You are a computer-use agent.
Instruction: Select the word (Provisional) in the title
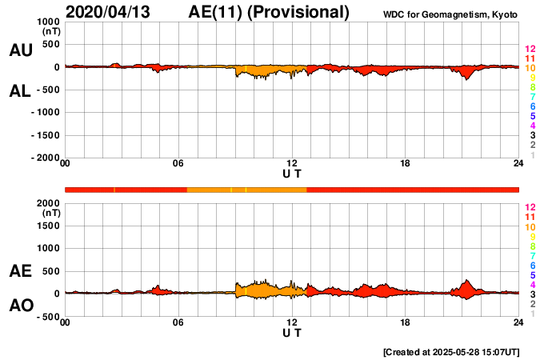click(x=298, y=12)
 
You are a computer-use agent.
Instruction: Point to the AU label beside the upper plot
click(x=20, y=50)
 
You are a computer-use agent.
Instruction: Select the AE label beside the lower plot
click(x=20, y=271)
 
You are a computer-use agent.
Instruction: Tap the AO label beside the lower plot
click(x=20, y=306)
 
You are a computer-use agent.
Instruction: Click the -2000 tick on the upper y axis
click(x=46, y=158)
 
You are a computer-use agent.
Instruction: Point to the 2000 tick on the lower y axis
click(x=50, y=203)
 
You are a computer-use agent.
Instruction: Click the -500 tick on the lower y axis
click(x=48, y=316)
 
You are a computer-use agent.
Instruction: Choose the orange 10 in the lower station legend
click(x=530, y=227)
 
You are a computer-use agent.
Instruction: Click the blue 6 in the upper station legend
click(x=532, y=106)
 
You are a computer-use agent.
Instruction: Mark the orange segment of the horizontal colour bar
click(x=246, y=190)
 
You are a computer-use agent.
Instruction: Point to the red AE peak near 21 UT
click(x=467, y=282)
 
